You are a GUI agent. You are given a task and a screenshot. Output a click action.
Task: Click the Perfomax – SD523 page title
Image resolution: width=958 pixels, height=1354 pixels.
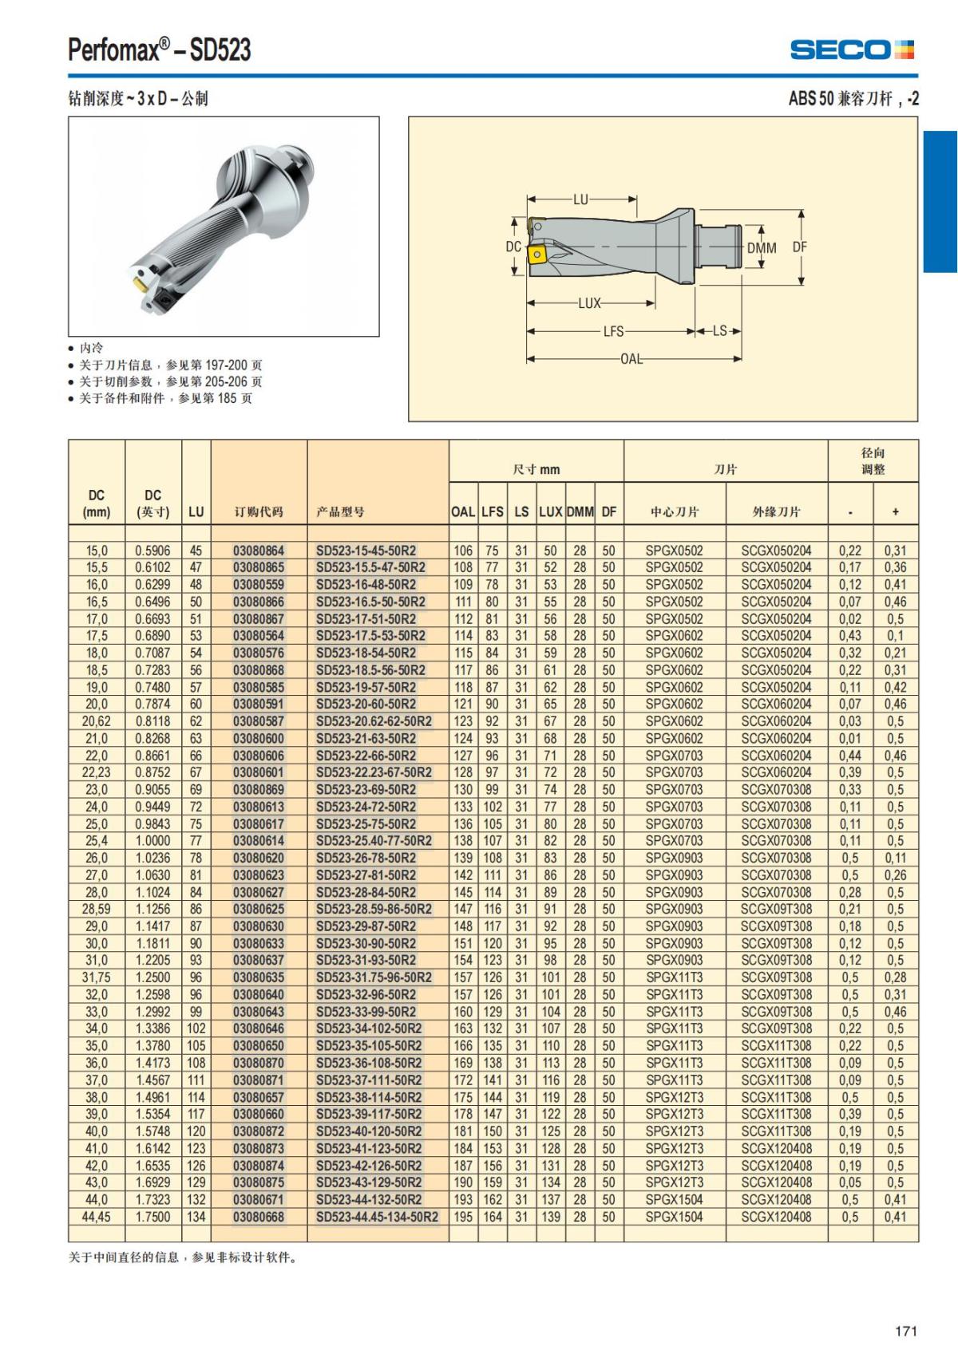[160, 49]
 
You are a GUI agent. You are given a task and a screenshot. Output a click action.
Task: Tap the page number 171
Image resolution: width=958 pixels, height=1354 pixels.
[906, 1331]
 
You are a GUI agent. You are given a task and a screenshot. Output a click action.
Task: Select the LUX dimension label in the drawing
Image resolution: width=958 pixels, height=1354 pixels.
[589, 303]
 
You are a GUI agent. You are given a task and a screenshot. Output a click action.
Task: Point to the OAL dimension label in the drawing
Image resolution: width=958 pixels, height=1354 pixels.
[631, 358]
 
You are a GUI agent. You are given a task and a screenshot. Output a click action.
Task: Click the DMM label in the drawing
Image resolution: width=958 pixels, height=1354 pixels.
[762, 248]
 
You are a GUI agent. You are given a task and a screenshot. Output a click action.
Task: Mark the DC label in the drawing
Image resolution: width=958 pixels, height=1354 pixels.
[513, 247]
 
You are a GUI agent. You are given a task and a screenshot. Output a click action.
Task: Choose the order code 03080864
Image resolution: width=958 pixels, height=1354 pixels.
[259, 551]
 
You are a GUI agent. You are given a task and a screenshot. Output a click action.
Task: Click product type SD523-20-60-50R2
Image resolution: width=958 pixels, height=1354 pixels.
[366, 704]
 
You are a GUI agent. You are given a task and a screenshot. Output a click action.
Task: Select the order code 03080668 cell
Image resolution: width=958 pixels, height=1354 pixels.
[259, 1217]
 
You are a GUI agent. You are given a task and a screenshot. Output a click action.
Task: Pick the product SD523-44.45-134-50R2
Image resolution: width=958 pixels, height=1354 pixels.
[377, 1217]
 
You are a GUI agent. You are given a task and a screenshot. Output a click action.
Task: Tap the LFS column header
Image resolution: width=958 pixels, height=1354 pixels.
[493, 511]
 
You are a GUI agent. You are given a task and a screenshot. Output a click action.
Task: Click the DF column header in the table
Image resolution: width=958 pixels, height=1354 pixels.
[609, 511]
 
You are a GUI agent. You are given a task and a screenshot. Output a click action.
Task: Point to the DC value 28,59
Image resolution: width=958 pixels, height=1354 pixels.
[97, 909]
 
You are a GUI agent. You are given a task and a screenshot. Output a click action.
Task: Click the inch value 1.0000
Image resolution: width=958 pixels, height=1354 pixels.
[152, 841]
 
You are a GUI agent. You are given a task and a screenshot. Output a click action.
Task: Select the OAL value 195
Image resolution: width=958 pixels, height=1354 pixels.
[463, 1217]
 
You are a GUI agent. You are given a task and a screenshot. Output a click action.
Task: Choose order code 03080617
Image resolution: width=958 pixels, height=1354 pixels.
[259, 823]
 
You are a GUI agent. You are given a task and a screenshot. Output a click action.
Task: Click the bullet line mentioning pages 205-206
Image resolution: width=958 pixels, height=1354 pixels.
[170, 381]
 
